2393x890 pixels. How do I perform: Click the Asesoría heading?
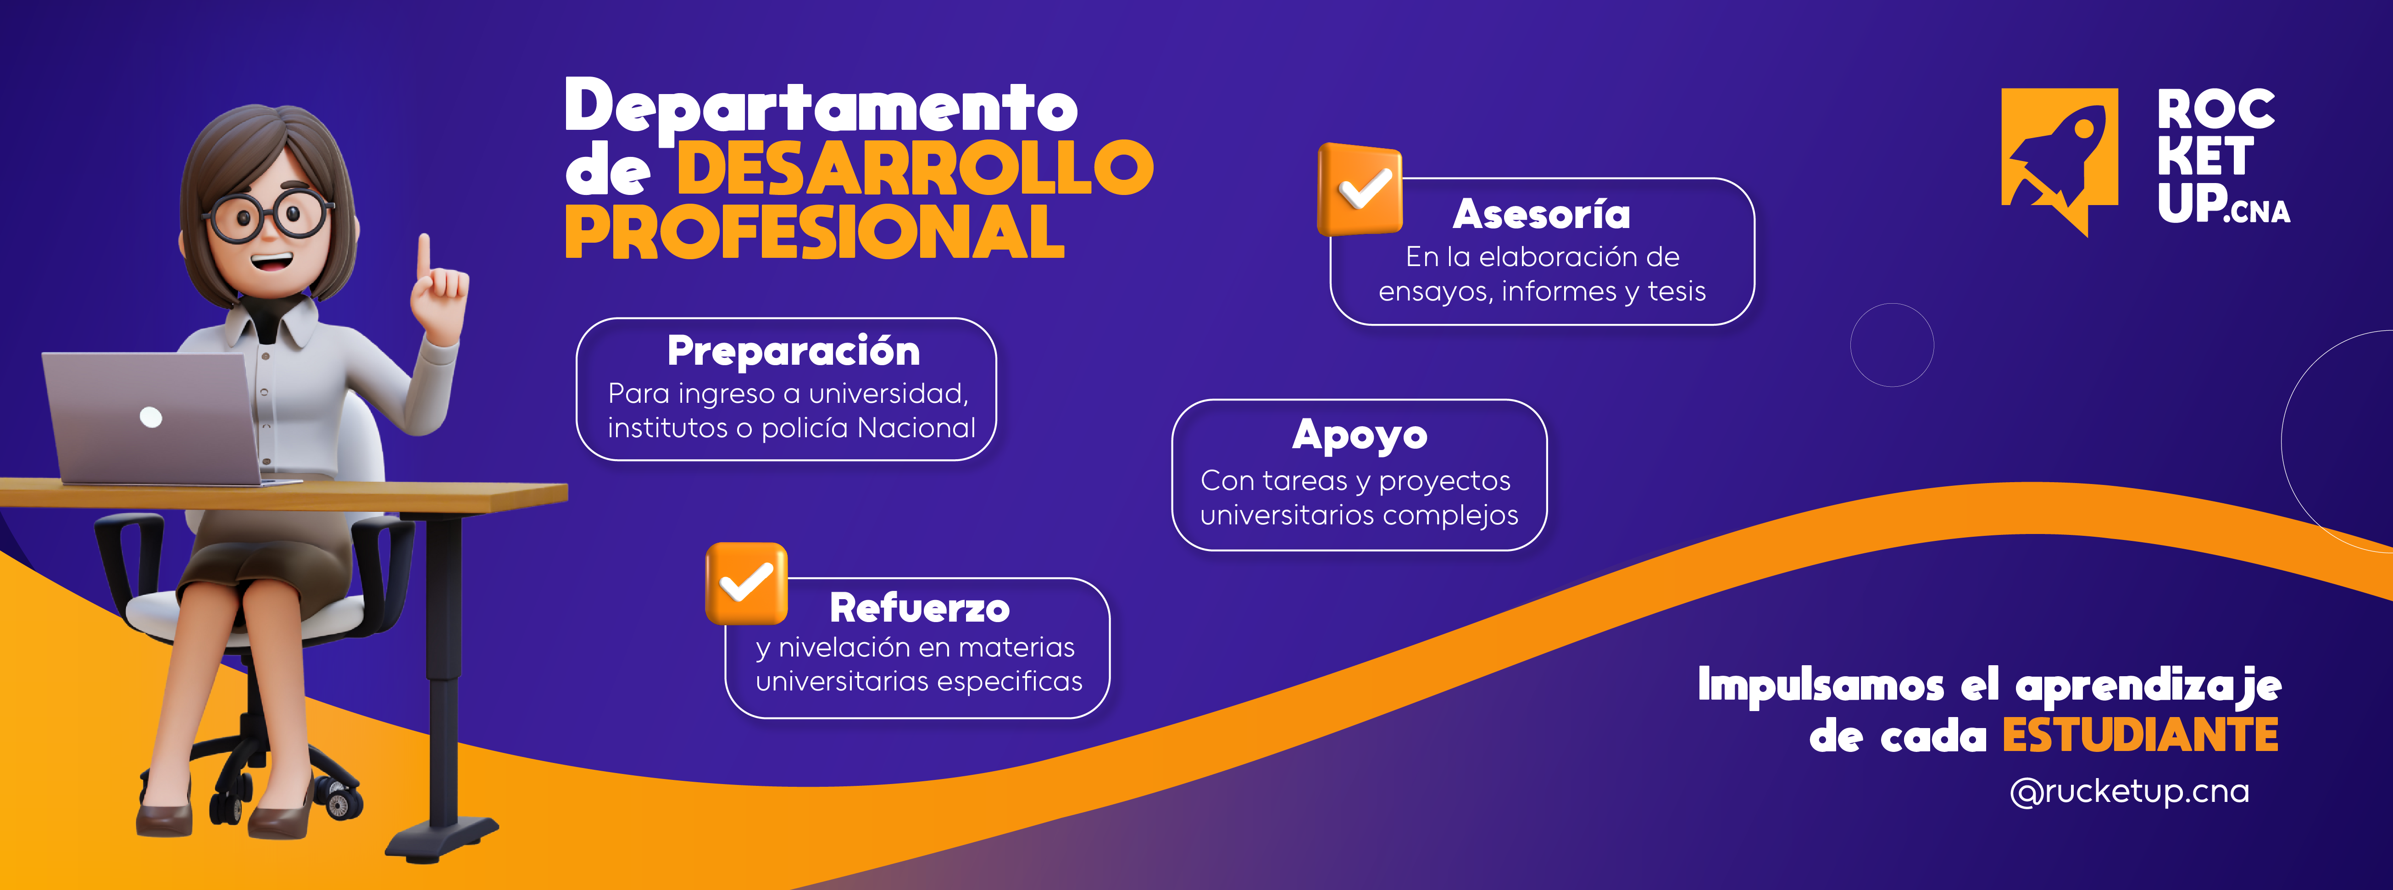point(1541,215)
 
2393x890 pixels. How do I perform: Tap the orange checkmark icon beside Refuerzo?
point(746,584)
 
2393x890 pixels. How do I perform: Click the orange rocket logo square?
point(2060,158)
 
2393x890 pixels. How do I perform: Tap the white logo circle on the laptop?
point(150,417)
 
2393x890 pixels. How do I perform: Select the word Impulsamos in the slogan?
point(1821,684)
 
